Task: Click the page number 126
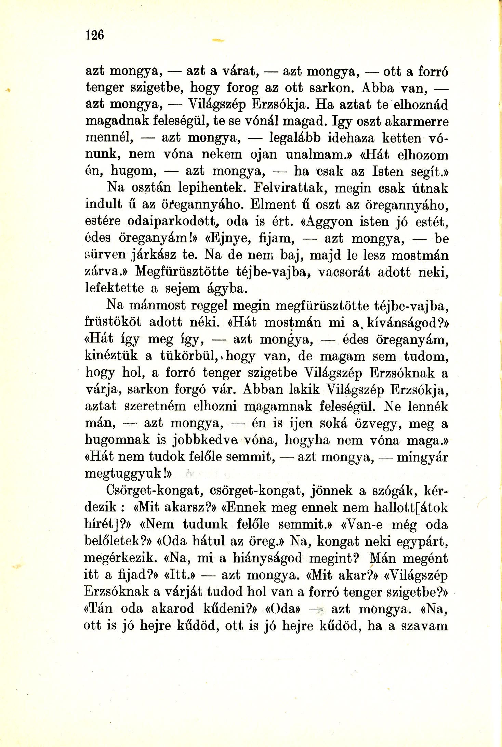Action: pos(95,35)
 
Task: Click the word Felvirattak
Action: pos(299,188)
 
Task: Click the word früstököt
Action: pos(113,322)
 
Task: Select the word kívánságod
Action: pos(399,322)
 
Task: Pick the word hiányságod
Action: pos(268,558)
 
